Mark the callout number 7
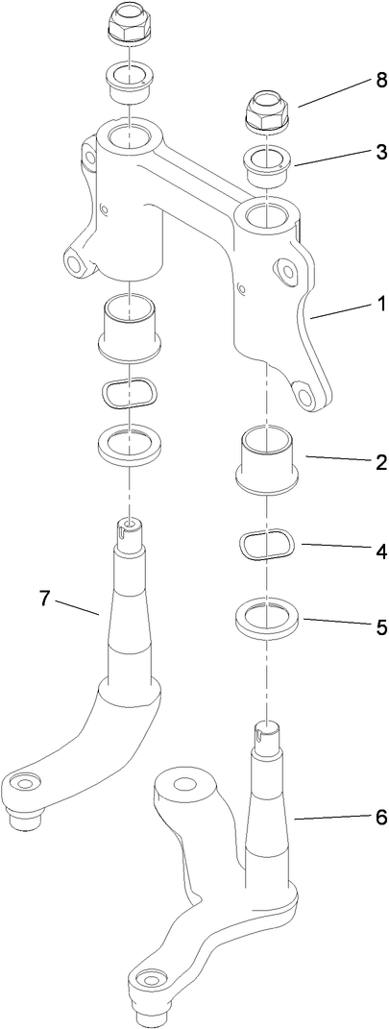click(43, 598)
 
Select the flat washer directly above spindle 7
click(129, 443)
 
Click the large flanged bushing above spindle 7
click(129, 329)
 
